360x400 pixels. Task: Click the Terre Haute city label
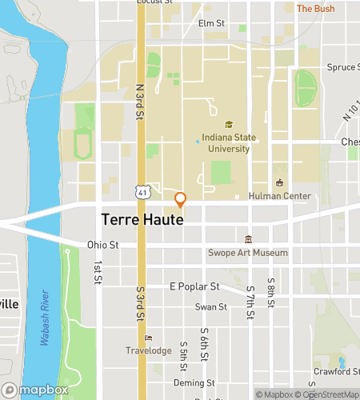(142, 218)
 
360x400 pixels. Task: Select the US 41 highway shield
(142, 192)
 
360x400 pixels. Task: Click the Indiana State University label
(229, 142)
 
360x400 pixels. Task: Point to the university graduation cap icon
(229, 125)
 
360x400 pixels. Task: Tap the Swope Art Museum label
(247, 253)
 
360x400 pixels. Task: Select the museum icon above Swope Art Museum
(248, 239)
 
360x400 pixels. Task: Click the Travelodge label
(148, 350)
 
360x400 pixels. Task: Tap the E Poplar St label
(194, 286)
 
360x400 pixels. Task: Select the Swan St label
(211, 306)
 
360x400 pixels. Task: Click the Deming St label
(199, 383)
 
